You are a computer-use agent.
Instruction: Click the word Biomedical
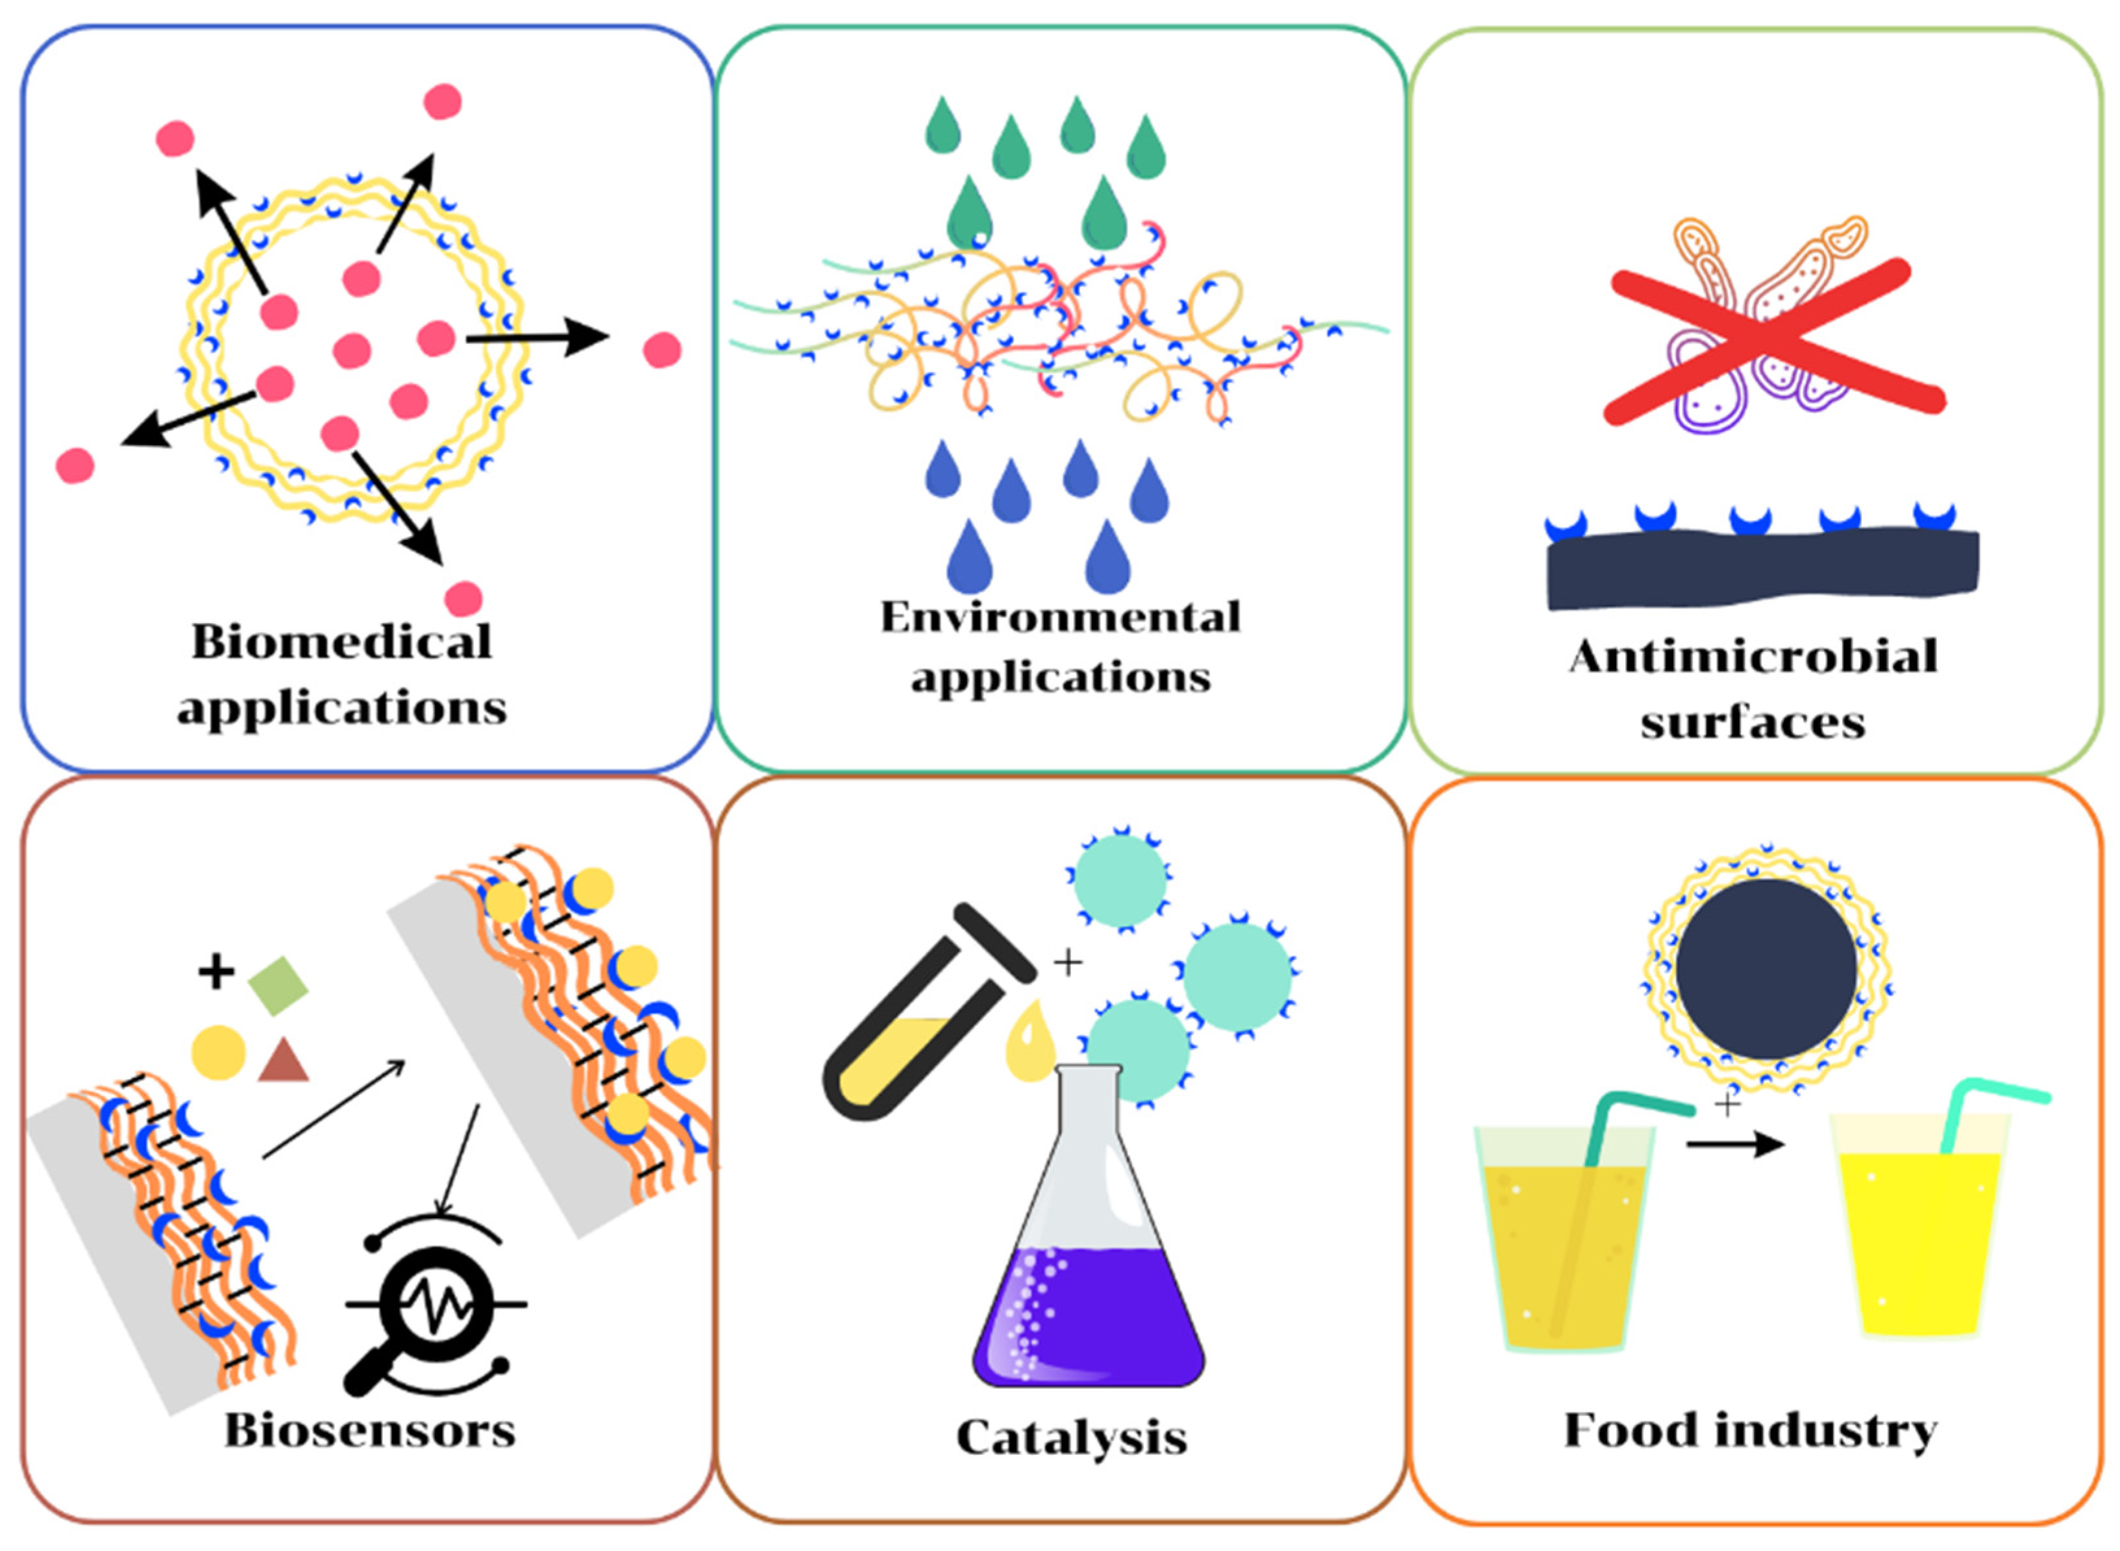[341, 642]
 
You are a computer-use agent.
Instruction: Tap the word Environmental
[1060, 617]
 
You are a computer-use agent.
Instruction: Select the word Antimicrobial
[1752, 656]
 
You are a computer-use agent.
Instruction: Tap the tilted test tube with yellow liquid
[930, 1012]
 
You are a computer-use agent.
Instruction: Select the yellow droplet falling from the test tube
[1030, 1040]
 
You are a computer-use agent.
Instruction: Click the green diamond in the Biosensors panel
[278, 986]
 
